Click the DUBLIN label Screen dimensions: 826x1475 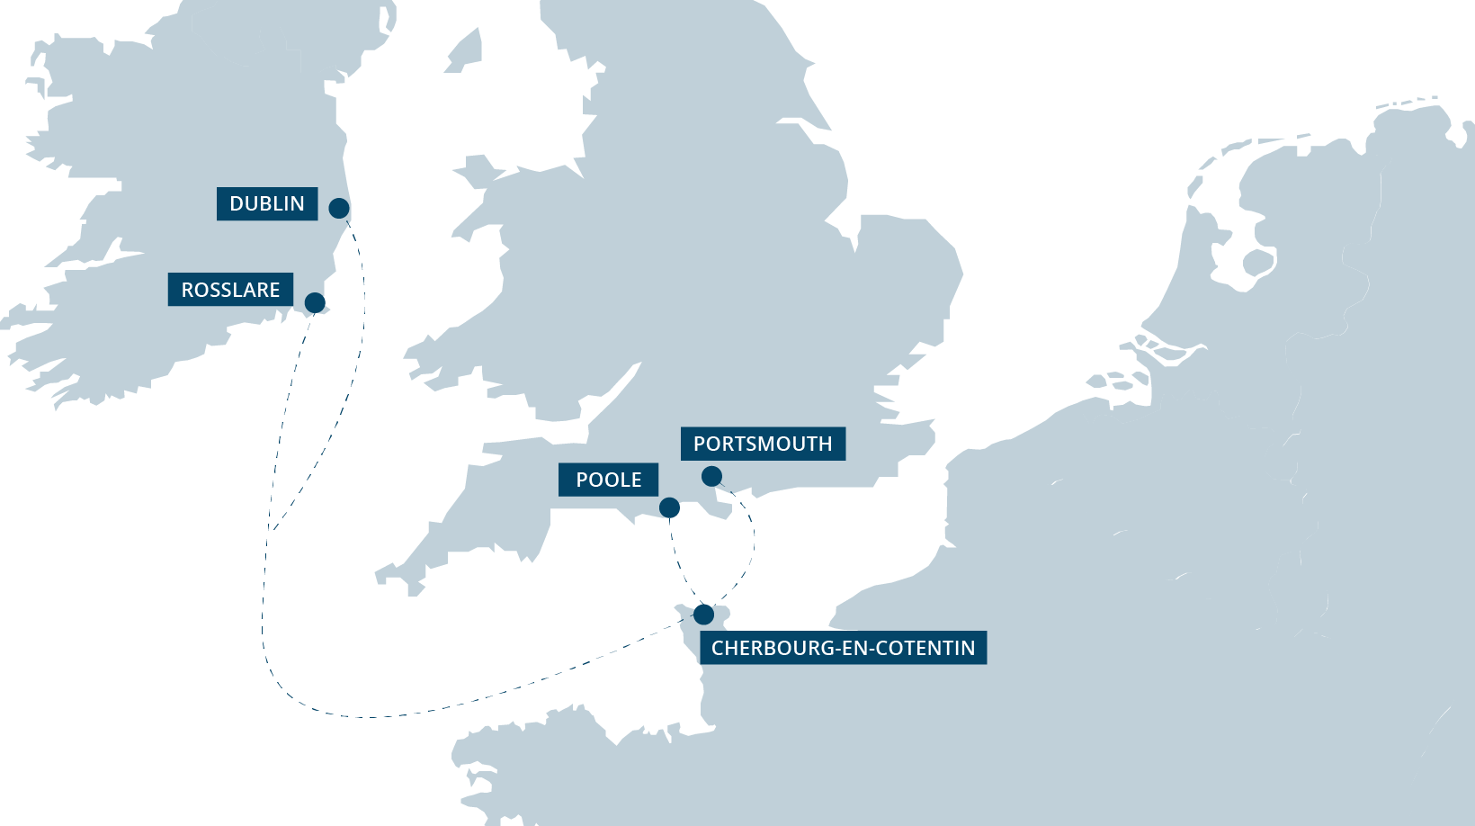(x=267, y=204)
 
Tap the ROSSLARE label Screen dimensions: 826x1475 (x=230, y=291)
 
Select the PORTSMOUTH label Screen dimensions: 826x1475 (x=763, y=444)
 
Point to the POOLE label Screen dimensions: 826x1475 (x=609, y=480)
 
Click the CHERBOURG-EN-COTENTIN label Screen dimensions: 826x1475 (x=843, y=649)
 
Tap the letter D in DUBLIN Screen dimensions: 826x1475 (x=237, y=204)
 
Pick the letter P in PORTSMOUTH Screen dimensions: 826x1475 (x=700, y=444)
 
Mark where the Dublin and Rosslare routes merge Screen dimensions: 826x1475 (x=270, y=531)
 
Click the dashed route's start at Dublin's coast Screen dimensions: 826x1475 (x=352, y=229)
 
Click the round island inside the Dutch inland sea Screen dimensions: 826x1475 (x=1257, y=263)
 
